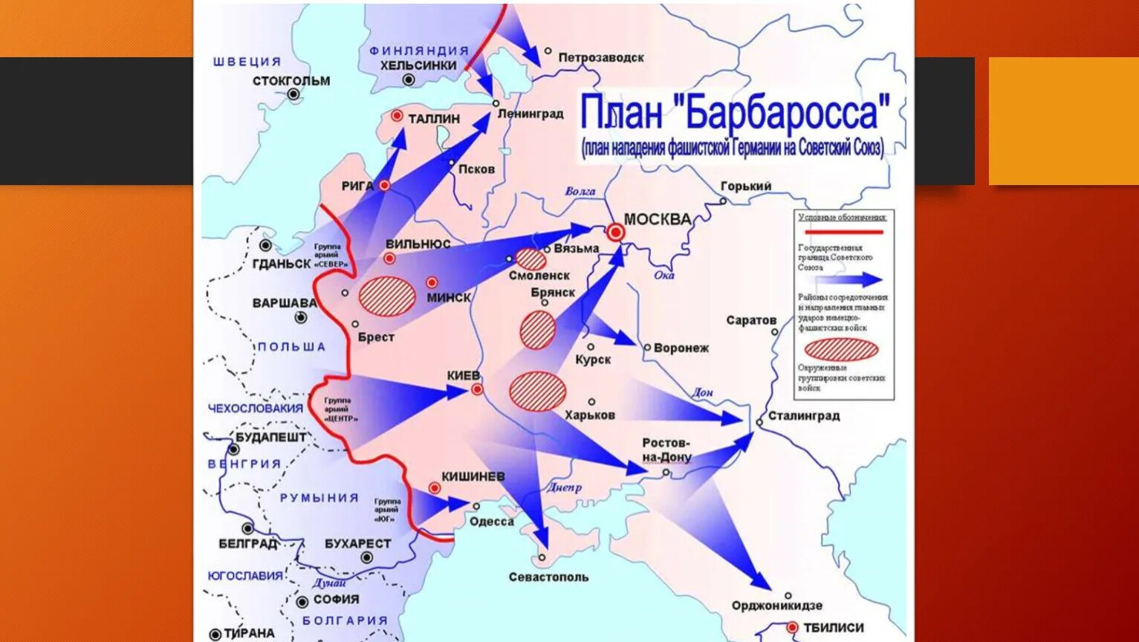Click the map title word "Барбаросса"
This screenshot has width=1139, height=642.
point(786,113)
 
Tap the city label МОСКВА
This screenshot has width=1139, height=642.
point(657,219)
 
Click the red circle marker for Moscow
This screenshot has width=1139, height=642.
point(615,233)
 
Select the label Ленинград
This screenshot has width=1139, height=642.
point(530,114)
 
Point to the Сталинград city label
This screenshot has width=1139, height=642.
point(804,415)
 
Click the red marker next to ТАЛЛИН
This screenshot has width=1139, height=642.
point(397,116)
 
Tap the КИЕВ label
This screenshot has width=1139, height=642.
point(464,376)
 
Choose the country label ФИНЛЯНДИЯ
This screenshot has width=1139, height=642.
point(419,51)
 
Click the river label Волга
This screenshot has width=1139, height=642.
point(580,191)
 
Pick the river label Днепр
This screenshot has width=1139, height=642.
point(564,487)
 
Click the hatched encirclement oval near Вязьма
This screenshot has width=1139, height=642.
point(530,259)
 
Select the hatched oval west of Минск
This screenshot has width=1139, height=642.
point(387,295)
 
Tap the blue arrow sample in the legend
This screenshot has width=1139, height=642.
point(848,280)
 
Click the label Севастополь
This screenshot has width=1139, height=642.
point(548,577)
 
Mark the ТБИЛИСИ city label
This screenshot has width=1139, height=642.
point(833,628)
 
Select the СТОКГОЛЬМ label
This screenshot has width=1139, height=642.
point(291,80)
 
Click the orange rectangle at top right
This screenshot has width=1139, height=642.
point(1063,121)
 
